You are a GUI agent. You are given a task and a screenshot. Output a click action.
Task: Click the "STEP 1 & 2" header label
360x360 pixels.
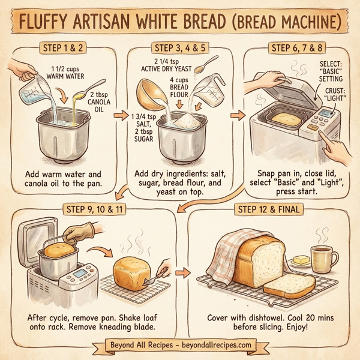[64, 47]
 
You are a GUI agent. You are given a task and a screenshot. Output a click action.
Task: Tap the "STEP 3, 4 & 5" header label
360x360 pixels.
[181, 47]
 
